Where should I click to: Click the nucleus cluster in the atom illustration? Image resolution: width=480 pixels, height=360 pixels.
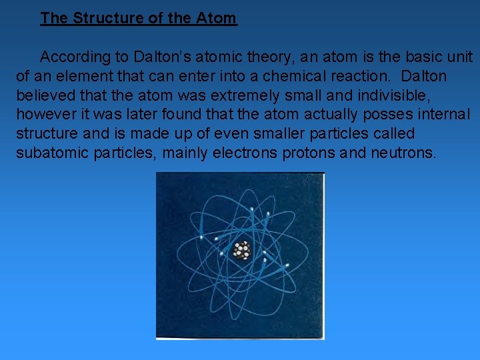click(x=241, y=251)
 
